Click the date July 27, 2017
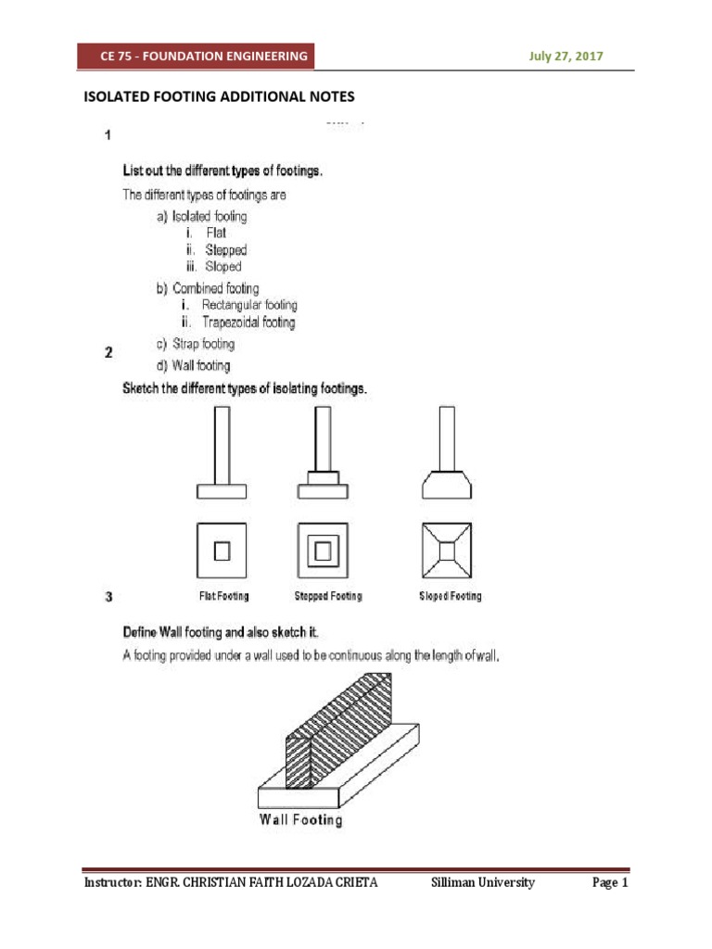pyautogui.click(x=566, y=57)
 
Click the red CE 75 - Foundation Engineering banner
pyautogui.click(x=203, y=57)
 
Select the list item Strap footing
pyautogui.click(x=196, y=344)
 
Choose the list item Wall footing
pyautogui.click(x=194, y=366)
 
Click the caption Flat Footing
pyautogui.click(x=223, y=596)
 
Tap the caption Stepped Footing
pyautogui.click(x=327, y=596)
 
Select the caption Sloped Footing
pyautogui.click(x=450, y=596)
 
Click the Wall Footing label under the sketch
pyautogui.click(x=300, y=820)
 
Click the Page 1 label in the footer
pyautogui.click(x=610, y=883)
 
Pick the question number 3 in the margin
pyautogui.click(x=108, y=597)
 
